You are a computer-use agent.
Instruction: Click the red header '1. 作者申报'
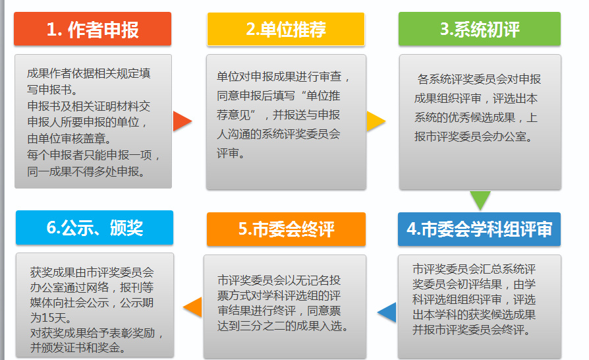(92, 29)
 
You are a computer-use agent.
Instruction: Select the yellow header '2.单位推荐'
(285, 29)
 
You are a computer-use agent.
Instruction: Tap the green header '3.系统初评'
(480, 29)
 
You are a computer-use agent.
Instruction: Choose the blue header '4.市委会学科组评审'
(479, 229)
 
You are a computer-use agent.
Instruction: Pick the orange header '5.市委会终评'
(286, 229)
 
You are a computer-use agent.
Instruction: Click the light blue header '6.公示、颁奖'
(94, 227)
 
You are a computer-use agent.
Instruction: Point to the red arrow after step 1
(182, 121)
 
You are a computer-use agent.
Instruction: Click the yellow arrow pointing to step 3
(376, 121)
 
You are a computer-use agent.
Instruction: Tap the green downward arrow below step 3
(480, 200)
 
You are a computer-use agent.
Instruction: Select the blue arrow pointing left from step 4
(387, 313)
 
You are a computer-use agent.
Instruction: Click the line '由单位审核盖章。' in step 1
(69, 138)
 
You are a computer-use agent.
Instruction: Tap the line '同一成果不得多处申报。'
(86, 171)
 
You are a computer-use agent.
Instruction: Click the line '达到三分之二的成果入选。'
(283, 326)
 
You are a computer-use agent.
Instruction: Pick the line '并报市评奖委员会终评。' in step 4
(472, 330)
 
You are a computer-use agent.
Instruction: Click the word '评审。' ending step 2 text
(231, 153)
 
